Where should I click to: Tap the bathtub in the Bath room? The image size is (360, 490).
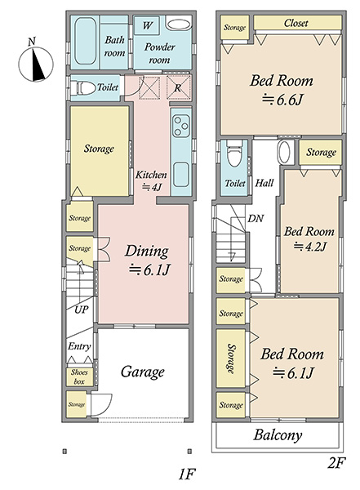tap(86, 41)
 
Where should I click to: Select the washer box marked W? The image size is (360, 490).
tap(147, 25)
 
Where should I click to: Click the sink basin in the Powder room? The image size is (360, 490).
tap(179, 24)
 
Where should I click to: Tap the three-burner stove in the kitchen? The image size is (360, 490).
tap(181, 125)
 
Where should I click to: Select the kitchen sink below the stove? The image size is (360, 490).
tap(181, 175)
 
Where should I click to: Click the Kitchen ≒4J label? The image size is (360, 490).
tap(151, 180)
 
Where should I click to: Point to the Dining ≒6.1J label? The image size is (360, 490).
tap(147, 261)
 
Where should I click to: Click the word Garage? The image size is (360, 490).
tap(143, 372)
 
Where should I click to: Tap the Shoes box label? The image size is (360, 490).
tap(79, 376)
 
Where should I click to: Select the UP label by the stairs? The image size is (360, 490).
tap(82, 310)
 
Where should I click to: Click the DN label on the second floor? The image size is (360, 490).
tap(256, 218)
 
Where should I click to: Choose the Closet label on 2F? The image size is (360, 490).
tap(296, 23)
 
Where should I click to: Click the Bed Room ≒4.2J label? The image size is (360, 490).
tap(309, 239)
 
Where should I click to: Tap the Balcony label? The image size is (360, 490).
tap(278, 435)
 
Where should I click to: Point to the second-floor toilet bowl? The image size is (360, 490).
tap(234, 154)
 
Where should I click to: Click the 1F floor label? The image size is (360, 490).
tap(187, 475)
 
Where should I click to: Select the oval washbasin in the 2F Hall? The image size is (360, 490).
tap(284, 151)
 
